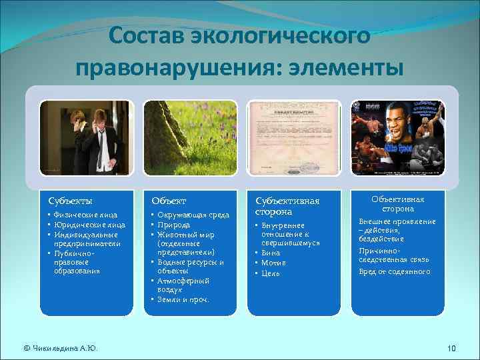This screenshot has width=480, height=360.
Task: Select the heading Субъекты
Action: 71,200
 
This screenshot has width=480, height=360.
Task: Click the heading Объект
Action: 169,200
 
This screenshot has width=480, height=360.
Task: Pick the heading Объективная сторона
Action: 397,204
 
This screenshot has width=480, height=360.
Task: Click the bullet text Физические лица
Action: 86,215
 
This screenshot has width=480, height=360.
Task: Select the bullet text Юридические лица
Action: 90,225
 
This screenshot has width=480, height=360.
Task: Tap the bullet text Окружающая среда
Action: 193,215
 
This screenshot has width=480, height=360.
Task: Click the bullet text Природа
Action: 174,225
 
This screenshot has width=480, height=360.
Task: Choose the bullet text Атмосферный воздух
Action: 183,285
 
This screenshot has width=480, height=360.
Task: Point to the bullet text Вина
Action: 271,253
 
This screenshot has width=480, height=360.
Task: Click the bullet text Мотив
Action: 274,263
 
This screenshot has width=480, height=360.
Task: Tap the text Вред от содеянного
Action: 395,272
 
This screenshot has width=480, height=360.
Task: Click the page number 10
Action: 451,348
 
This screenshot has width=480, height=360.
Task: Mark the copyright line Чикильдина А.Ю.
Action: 60,348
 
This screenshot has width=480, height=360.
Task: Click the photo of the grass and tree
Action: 190,138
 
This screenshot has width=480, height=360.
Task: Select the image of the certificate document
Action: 294,138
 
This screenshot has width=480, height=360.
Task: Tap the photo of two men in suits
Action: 86,138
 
